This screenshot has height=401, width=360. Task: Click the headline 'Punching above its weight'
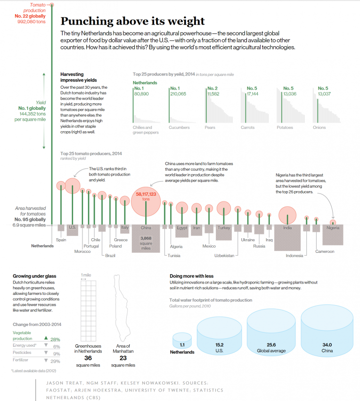point(133,21)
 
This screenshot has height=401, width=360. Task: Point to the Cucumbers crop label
point(179,127)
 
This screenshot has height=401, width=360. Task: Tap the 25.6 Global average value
point(271,345)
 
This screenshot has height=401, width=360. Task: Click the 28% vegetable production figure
point(55,339)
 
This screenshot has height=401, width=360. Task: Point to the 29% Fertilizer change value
point(55,361)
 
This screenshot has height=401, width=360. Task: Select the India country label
point(287,228)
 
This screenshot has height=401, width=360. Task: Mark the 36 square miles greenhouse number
point(88,359)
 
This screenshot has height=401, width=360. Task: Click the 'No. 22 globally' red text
point(30,16)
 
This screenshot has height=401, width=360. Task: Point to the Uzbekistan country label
point(224,255)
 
